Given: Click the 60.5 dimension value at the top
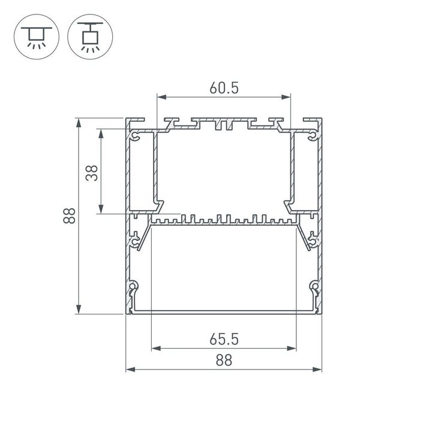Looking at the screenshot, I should point(224,88).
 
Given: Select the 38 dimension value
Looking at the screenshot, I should point(91,173).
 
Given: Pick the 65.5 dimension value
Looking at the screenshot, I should point(224,340).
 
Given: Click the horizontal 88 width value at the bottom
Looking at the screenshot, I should point(223,360).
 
